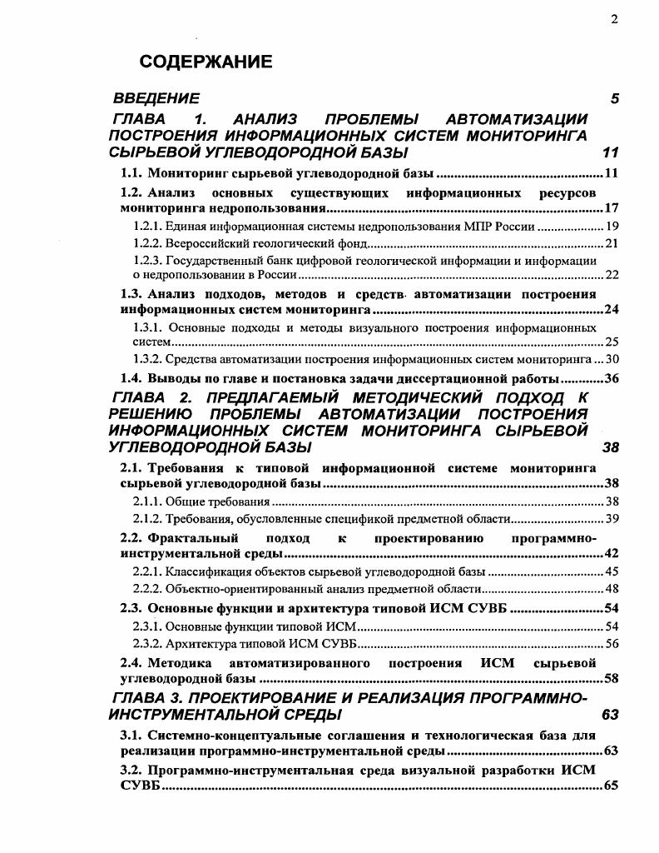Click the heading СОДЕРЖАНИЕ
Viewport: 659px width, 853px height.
206,62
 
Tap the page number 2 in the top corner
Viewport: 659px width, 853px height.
614,19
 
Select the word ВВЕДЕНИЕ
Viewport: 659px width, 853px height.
156,99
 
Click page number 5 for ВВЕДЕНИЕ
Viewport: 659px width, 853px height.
614,99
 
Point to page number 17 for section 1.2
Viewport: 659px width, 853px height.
612,208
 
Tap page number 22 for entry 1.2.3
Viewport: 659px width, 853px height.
612,275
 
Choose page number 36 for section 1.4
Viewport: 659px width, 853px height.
612,378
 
